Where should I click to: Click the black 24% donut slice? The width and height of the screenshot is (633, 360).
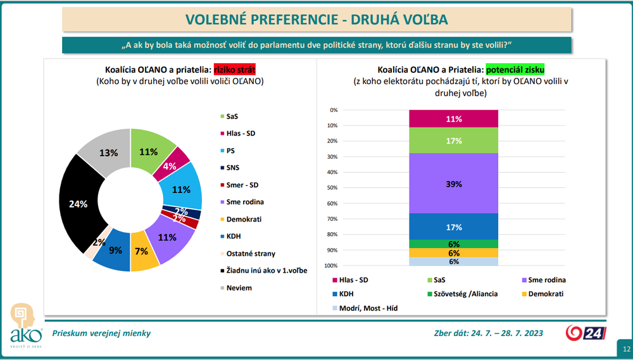[x=77, y=203]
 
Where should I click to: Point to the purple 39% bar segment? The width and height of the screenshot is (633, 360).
[x=453, y=183]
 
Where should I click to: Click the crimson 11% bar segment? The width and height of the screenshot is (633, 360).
[x=453, y=118]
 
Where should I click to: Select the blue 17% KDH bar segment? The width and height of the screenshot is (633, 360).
[x=453, y=227]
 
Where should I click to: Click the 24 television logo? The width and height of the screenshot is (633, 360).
[x=586, y=333]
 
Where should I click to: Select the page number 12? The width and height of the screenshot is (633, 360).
[x=625, y=349]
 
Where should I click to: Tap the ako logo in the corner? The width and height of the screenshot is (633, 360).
[x=21, y=328]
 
